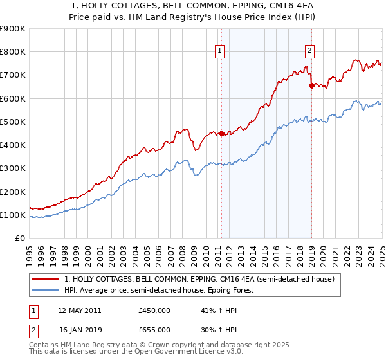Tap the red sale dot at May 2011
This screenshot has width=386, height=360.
221,134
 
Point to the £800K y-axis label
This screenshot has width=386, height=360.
13,51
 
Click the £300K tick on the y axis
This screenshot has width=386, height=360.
13,168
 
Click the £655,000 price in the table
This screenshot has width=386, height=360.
154,329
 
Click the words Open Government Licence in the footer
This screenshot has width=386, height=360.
179,352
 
